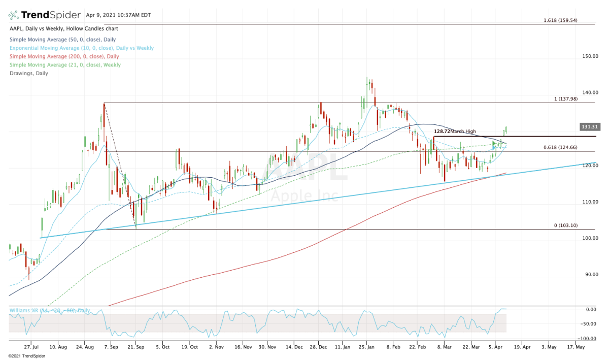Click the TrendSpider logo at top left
(x=44, y=15)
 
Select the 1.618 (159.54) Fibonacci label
(x=567, y=21)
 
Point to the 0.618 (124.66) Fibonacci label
(x=567, y=148)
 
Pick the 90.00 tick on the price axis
(x=590, y=275)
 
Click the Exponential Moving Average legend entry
(x=81, y=48)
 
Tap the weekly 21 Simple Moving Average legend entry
(x=64, y=65)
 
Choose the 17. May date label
(x=576, y=348)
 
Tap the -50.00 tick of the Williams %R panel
(x=590, y=323)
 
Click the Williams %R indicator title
(x=50, y=310)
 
